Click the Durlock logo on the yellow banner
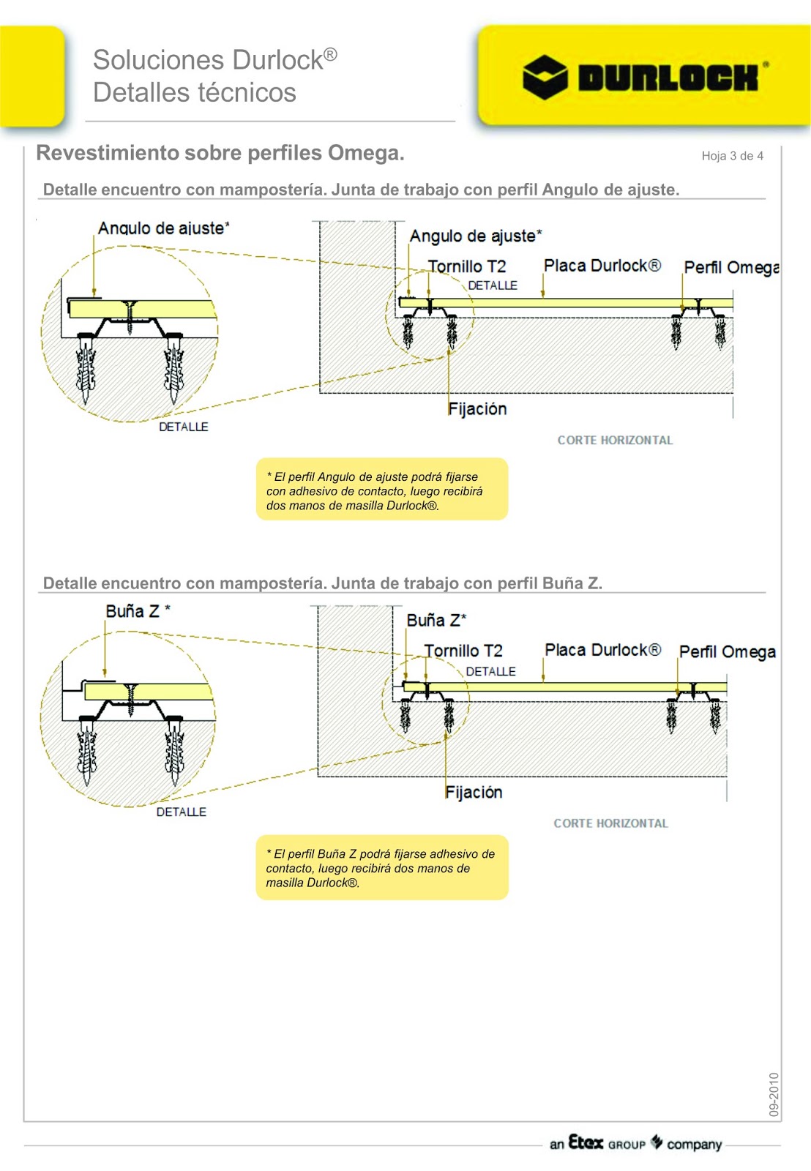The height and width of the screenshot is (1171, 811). [644, 77]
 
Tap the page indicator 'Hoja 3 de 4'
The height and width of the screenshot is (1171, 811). [732, 156]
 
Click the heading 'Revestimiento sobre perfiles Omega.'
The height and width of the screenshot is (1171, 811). [220, 153]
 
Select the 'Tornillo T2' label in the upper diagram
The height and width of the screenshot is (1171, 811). [467, 266]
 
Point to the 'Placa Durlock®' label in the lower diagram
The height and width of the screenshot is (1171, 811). [602, 650]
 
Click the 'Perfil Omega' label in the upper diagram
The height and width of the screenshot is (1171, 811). [730, 267]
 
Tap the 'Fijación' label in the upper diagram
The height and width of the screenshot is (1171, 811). [477, 408]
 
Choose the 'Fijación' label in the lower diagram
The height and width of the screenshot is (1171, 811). [474, 792]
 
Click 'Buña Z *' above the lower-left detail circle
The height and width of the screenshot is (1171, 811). [138, 611]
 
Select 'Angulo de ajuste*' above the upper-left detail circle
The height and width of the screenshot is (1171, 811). [163, 228]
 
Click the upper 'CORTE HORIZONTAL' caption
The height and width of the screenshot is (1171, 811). [615, 440]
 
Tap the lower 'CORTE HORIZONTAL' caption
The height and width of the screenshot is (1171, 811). [610, 823]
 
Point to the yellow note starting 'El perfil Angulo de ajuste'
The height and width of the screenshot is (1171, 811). [381, 490]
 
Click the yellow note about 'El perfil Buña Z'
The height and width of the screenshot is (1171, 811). [381, 867]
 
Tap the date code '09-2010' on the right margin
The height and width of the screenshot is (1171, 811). [774, 1094]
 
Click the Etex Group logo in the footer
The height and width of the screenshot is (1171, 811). [635, 1143]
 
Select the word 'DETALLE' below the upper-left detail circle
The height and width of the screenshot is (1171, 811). [183, 427]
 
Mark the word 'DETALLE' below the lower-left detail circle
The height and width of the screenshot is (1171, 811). [181, 812]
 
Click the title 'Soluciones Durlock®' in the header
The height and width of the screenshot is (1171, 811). [214, 60]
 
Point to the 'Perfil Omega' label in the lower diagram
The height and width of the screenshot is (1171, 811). [727, 651]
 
